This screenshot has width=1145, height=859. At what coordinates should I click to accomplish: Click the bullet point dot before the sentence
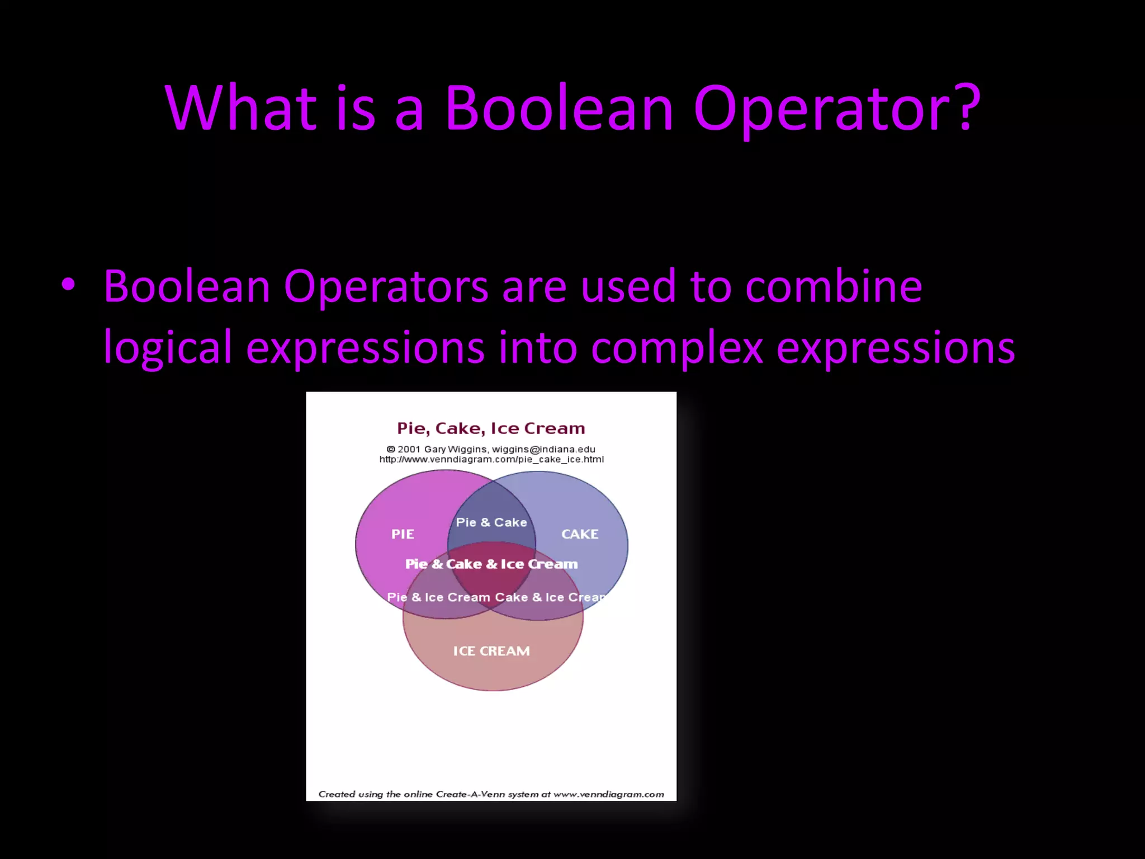pos(68,285)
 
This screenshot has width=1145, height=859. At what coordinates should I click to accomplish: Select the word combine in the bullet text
pos(834,286)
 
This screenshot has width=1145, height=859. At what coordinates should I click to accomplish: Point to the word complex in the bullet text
pos(676,348)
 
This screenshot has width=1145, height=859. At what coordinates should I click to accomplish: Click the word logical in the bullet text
pos(167,348)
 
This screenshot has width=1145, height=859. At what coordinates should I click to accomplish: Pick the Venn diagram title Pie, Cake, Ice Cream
pos(491,428)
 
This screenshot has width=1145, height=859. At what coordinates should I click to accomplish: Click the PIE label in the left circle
pos(403,534)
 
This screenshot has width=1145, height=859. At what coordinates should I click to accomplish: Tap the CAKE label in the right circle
pos(580,534)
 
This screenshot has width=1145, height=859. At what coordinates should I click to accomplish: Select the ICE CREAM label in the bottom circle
pos(491,651)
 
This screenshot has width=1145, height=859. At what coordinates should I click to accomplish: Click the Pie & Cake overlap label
pos(491,522)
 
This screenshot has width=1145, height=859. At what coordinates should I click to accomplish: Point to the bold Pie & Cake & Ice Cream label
pos(491,564)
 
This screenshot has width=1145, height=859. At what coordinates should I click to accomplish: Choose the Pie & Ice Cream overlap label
pos(438,597)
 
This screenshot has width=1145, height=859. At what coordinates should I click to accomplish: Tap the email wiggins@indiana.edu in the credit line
pos(543,449)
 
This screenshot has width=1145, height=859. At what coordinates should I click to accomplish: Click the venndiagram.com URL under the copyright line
pos(491,460)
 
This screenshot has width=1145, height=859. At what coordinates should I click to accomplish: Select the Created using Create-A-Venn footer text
pos(491,794)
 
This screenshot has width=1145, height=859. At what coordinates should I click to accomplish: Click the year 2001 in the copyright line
pos(409,449)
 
